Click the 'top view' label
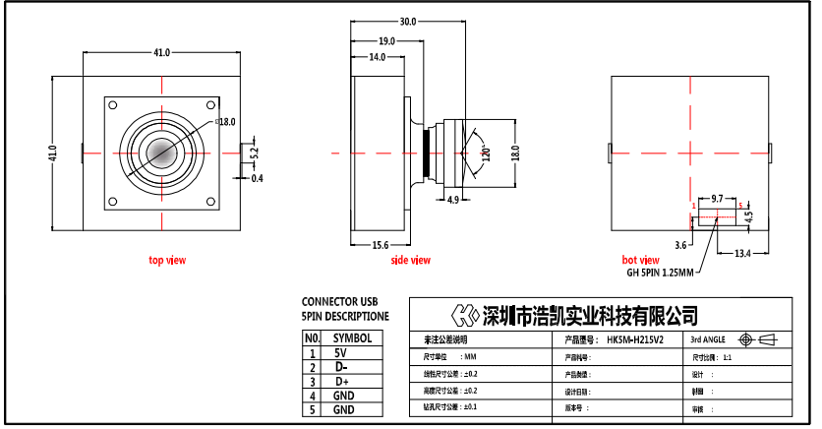coord(167,260)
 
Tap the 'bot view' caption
coord(641,260)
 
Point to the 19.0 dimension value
coord(386,40)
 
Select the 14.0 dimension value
coord(377,58)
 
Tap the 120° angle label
coord(485,154)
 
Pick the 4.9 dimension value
coord(453,201)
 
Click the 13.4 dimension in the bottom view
coord(743,253)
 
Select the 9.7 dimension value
coord(717,198)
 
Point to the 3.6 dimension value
coord(680,242)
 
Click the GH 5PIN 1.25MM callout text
coord(660,273)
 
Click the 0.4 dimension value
coord(258,179)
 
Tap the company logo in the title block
coord(464,315)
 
